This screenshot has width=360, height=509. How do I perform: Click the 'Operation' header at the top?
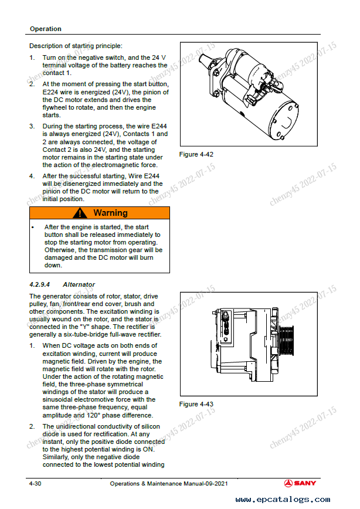pyautogui.click(x=45, y=29)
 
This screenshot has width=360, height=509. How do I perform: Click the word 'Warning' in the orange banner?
pyautogui.click(x=110, y=213)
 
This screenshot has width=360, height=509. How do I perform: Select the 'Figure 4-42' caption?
pyautogui.click(x=196, y=155)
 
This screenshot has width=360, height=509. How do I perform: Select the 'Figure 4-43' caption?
pyautogui.click(x=196, y=404)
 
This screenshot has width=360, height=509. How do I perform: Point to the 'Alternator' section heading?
pyautogui.click(x=79, y=284)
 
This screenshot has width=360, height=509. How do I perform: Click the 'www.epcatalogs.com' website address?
pyautogui.click(x=283, y=500)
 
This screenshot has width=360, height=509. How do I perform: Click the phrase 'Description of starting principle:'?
pyautogui.click(x=76, y=46)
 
